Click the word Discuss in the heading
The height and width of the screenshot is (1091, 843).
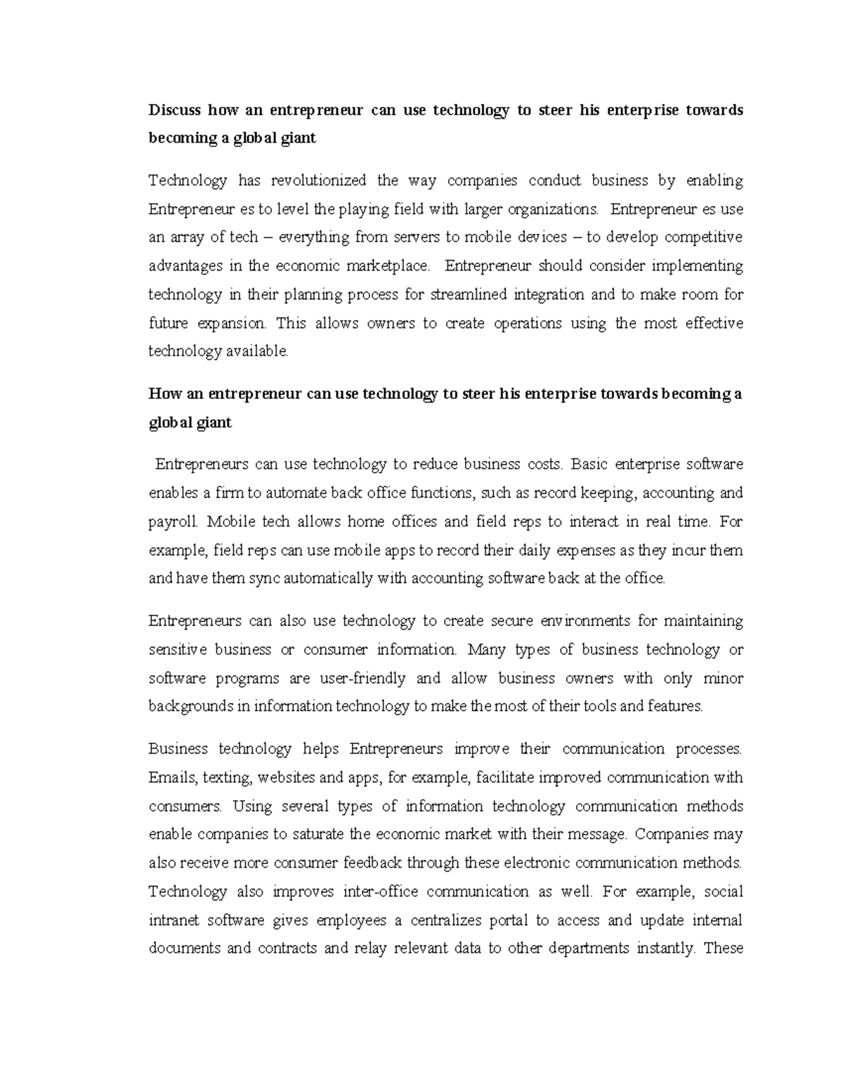pos(174,110)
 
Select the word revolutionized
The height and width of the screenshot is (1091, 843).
pos(318,181)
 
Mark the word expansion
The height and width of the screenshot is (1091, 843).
pos(233,323)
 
